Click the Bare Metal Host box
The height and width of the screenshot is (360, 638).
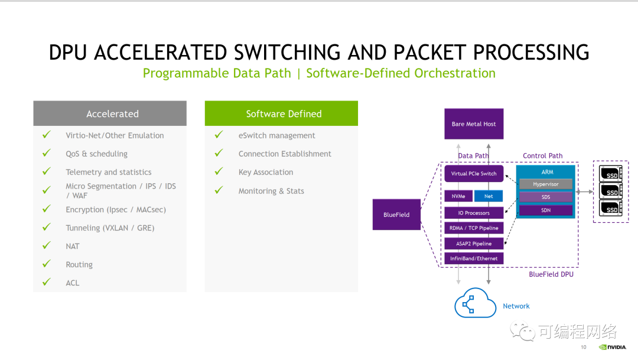[474, 124]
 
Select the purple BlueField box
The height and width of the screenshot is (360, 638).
[396, 215]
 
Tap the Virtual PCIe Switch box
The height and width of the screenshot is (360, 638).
[474, 174]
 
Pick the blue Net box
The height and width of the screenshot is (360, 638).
[489, 196]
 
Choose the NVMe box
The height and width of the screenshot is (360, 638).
[458, 196]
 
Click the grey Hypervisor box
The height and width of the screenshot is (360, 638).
[546, 184]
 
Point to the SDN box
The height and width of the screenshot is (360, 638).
[546, 210]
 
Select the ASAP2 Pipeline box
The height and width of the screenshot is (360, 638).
[474, 244]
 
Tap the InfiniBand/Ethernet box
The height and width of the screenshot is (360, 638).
[474, 258]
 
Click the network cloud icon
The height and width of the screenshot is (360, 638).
[475, 305]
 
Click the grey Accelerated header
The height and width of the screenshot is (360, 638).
[110, 113]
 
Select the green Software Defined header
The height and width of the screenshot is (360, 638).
[281, 113]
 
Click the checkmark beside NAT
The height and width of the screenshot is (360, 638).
[47, 245]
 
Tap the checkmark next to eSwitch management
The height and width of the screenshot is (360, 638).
[219, 135]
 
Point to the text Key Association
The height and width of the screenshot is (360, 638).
[265, 172]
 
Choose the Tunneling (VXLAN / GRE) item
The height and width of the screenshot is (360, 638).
[110, 228]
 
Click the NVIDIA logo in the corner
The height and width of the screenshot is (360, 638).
[612, 348]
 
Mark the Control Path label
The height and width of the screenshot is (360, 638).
[542, 156]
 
